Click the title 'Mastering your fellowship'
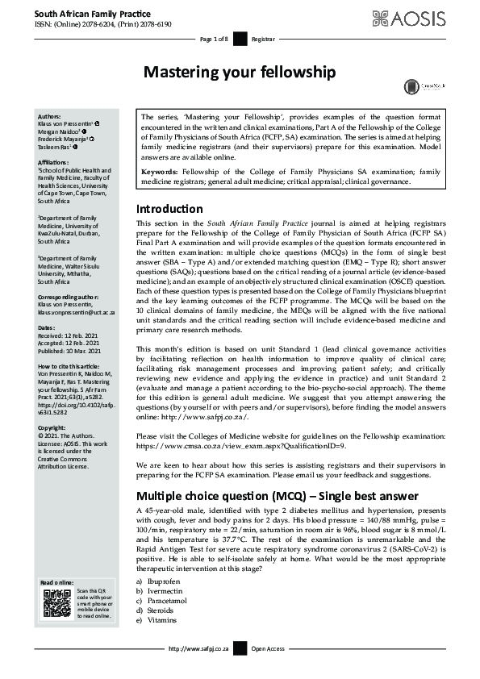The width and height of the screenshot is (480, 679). pyautogui.click(x=239, y=73)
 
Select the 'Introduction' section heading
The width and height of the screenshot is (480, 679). pyautogui.click(x=170, y=210)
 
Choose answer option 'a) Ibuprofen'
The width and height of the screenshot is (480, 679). pyautogui.click(x=159, y=581)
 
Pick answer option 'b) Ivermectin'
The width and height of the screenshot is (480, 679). pyautogui.click(x=161, y=591)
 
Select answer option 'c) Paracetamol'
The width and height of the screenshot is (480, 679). pyautogui.click(x=163, y=601)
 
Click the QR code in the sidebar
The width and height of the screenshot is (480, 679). pyautogui.click(x=57, y=603)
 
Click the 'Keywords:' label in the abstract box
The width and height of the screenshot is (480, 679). pyautogui.click(x=161, y=172)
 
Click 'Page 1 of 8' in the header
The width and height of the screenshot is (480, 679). pyautogui.click(x=215, y=39)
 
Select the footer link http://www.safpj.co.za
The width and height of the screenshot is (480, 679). pyautogui.click(x=199, y=648)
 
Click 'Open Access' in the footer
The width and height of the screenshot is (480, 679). pyautogui.click(x=268, y=648)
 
